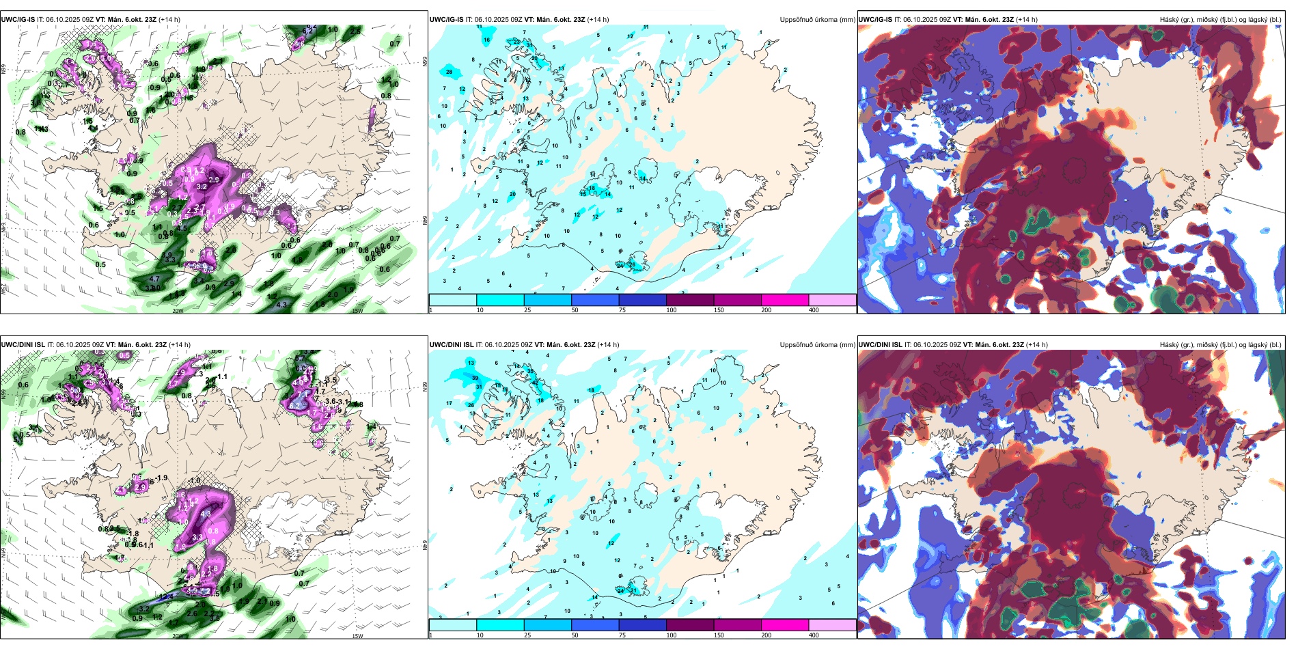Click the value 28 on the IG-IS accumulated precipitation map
(x=449, y=72)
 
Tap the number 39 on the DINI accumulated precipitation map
(x=475, y=378)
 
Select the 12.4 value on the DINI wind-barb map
(x=166, y=596)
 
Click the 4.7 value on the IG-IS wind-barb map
(x=154, y=279)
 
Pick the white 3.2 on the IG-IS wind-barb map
(x=202, y=187)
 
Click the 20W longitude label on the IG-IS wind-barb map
(x=178, y=311)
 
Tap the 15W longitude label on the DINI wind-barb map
(x=357, y=636)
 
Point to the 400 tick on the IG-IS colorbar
(x=814, y=310)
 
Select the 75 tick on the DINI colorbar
(x=622, y=635)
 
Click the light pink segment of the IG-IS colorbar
(x=832, y=300)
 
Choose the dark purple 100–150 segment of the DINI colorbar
(x=689, y=625)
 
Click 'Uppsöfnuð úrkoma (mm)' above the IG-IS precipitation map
(x=817, y=20)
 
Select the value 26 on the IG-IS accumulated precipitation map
(x=633, y=265)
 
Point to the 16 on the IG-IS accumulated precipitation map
(x=487, y=40)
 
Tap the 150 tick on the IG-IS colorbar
(x=719, y=310)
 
